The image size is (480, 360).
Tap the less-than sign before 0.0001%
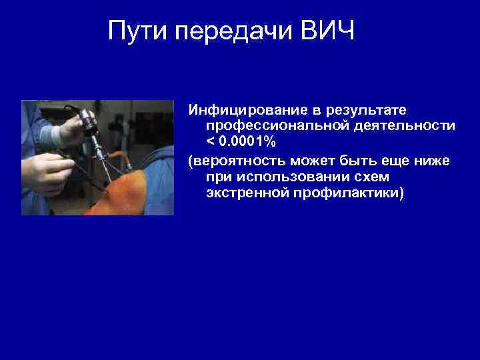tap(211, 143)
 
